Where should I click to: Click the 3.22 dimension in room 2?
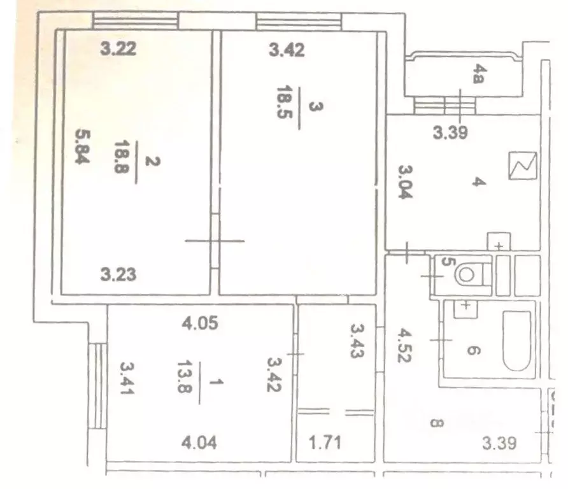point(118,48)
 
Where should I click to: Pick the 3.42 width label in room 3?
point(286,50)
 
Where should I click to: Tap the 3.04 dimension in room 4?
point(406,183)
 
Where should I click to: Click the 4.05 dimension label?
point(201,323)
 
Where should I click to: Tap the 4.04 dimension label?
point(200,442)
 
